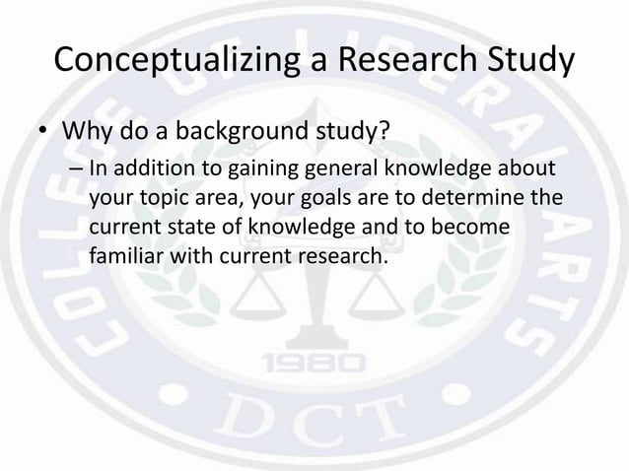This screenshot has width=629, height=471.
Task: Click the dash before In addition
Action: pos(76,168)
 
